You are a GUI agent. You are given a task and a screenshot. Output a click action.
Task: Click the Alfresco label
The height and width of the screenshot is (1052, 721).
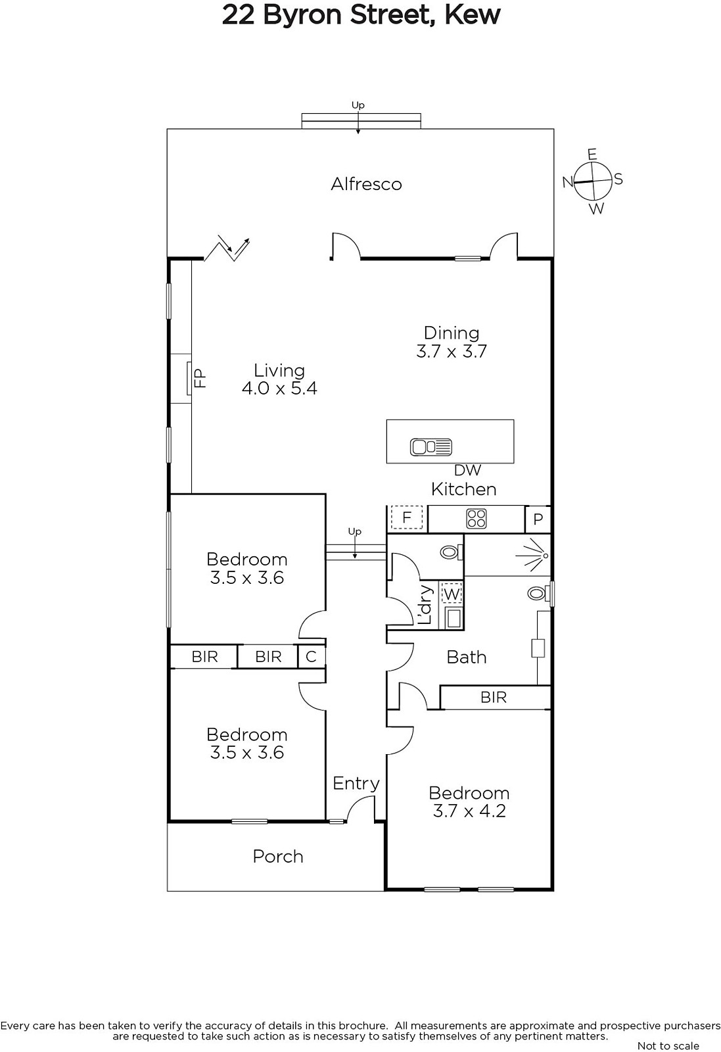coord(366,184)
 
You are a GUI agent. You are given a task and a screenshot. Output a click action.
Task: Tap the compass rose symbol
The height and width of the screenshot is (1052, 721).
coord(593,180)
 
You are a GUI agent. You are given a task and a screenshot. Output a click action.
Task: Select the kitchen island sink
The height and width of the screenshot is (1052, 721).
coord(431,446)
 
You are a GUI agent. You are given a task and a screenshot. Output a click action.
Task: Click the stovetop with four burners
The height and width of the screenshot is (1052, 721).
coord(476,519)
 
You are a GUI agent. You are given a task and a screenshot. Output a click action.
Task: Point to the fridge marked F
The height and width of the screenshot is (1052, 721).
coord(406,517)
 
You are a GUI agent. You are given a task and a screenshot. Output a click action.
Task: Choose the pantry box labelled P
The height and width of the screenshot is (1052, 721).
coord(538,519)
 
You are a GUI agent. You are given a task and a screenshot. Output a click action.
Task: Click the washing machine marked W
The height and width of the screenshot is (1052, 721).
coord(452,594)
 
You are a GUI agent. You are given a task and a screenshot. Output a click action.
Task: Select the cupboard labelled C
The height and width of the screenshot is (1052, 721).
coord(312,656)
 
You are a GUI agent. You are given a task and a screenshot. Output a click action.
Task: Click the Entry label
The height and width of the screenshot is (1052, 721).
coord(356,783)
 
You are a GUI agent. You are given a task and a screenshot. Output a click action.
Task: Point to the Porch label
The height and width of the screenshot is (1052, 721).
coord(278,856)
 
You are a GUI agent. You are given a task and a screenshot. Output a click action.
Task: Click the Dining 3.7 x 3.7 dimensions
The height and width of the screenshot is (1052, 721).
coord(452,351)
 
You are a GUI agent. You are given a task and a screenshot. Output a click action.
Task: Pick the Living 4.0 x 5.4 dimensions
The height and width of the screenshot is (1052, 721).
coord(279,389)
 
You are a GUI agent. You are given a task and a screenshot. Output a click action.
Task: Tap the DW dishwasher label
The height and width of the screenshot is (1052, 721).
coord(467,469)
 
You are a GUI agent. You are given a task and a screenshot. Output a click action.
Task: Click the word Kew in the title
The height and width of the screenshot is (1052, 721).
coord(472,15)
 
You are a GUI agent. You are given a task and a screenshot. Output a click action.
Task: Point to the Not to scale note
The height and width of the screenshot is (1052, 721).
coord(668,1045)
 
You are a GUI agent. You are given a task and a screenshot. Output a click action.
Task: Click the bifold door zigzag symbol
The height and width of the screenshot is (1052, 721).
coord(227,247)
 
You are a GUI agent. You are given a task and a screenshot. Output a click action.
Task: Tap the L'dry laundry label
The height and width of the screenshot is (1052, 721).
coord(425,604)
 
